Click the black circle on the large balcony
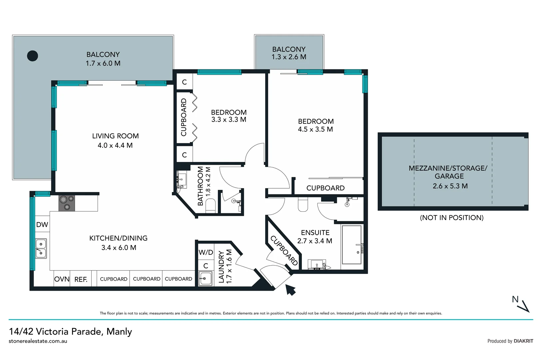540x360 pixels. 32,56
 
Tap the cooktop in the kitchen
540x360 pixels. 67,203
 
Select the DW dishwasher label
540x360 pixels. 42,225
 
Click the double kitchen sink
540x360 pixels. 41,248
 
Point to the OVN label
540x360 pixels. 62,279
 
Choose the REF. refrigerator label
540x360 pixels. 81,279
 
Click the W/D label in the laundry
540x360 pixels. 206,252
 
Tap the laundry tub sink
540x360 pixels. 206,278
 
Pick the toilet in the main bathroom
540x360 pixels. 211,206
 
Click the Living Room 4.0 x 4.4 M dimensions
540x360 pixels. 115,145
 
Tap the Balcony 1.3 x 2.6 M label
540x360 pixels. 289,57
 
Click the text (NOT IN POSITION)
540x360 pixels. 451,218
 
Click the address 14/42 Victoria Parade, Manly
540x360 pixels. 71,331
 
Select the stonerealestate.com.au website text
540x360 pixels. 38,341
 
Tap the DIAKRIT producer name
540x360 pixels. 523,341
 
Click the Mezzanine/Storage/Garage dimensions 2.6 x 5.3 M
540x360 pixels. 450,186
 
